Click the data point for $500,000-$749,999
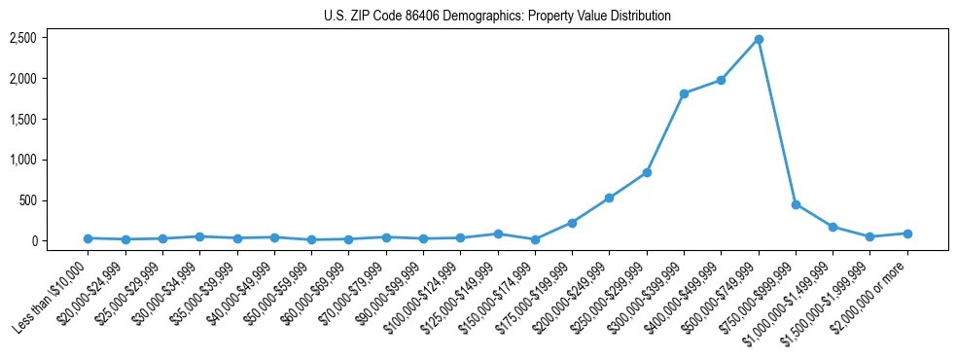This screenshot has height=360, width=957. click(759, 39)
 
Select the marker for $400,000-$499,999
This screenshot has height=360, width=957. click(721, 80)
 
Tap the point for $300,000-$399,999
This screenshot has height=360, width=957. click(684, 93)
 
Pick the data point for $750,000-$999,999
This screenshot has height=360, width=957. click(796, 204)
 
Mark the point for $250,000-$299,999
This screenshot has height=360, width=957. click(647, 172)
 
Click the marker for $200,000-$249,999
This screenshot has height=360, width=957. click(609, 198)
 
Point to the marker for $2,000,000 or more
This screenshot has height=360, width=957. click(907, 234)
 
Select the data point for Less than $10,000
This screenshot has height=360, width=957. click(88, 238)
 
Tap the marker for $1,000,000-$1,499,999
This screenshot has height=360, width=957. click(833, 227)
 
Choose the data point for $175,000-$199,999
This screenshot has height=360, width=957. click(572, 223)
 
